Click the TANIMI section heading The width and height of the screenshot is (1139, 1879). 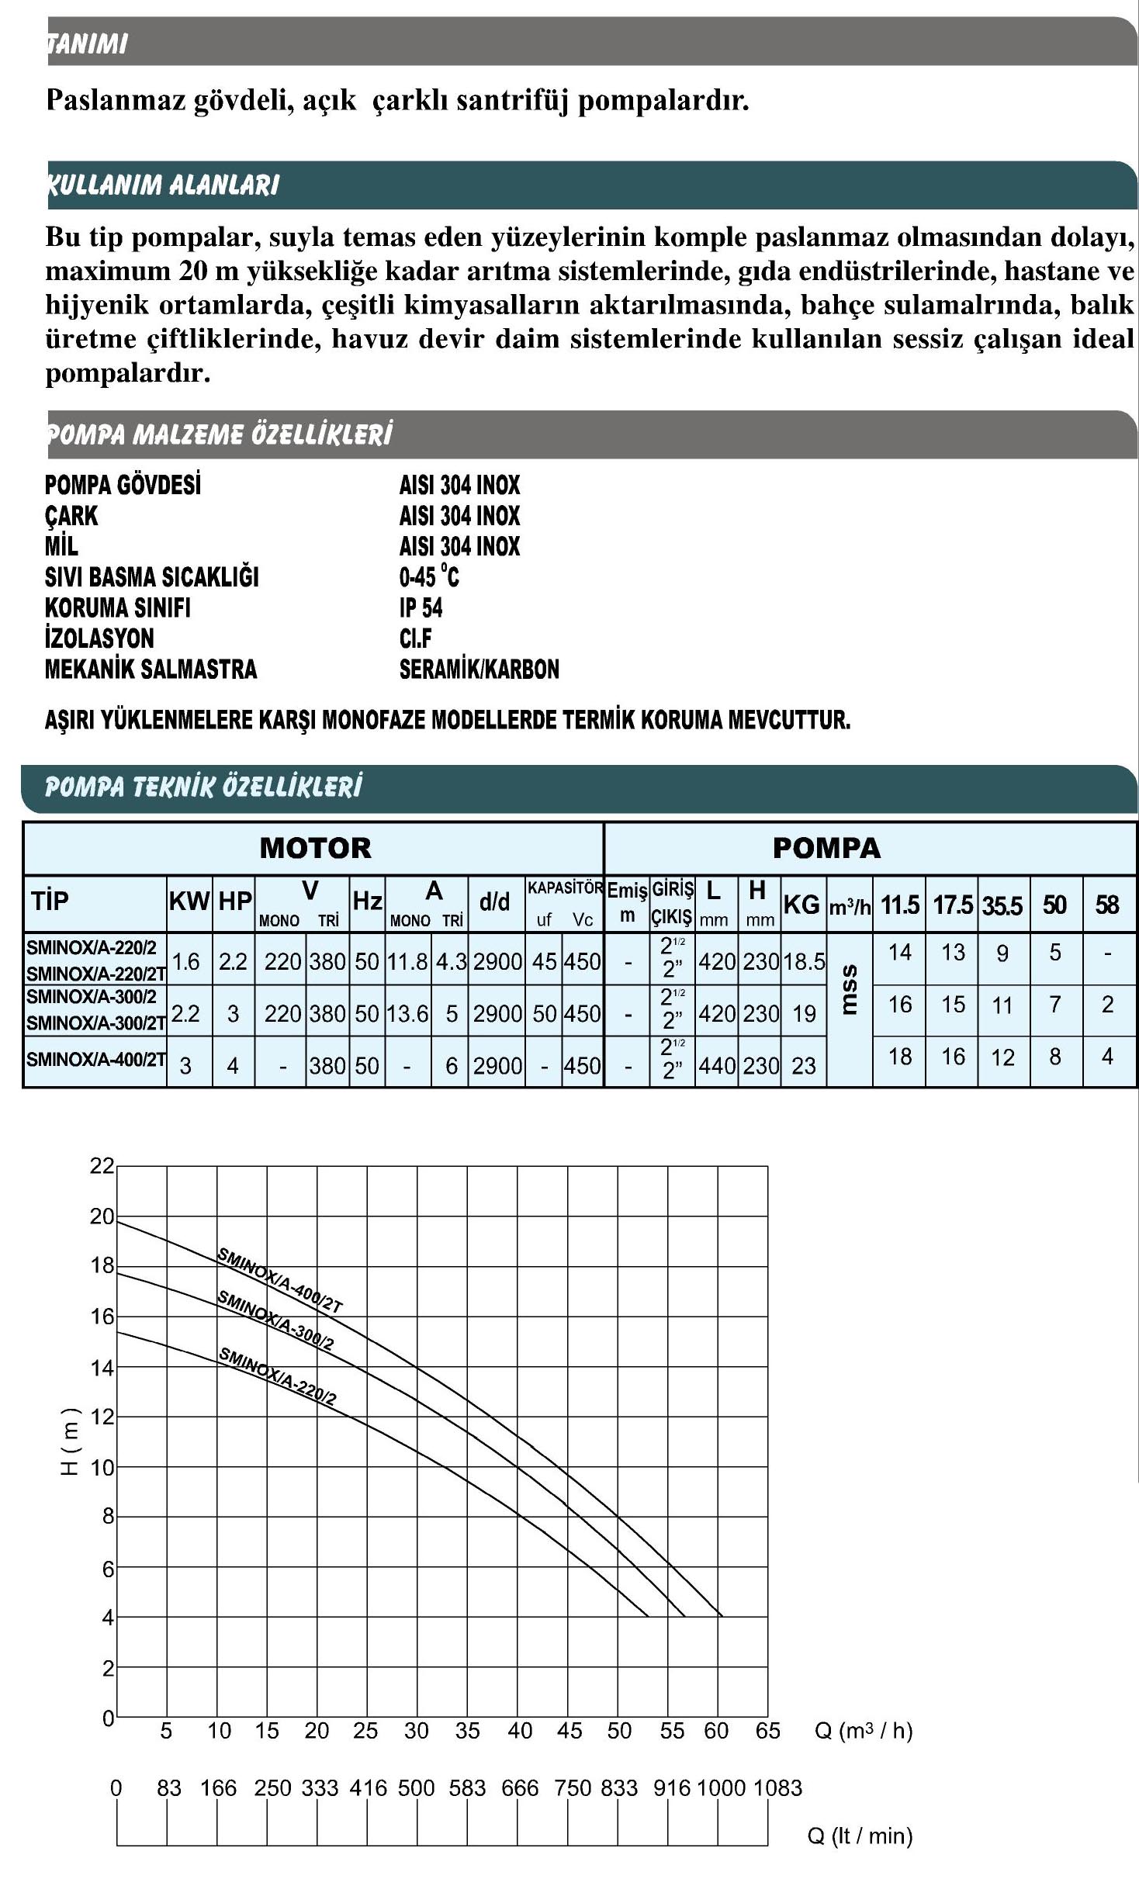click(87, 43)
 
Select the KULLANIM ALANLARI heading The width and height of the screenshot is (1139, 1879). click(163, 185)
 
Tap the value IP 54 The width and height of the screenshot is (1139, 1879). click(421, 607)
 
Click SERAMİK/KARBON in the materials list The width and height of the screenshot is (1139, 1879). click(479, 669)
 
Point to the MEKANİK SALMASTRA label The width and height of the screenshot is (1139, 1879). click(151, 669)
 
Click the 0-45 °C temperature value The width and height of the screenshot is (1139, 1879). click(429, 576)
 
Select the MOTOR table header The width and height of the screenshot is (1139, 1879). click(315, 847)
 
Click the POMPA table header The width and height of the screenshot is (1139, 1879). click(826, 847)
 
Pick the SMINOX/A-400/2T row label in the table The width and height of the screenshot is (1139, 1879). click(95, 1059)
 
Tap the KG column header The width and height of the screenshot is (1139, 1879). click(801, 904)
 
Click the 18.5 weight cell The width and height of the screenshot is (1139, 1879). click(803, 962)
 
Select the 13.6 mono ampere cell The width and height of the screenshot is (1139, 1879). click(407, 1013)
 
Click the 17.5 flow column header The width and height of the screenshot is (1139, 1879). click(952, 905)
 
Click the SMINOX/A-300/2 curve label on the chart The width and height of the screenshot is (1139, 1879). click(275, 1320)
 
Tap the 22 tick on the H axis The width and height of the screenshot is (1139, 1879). click(102, 1166)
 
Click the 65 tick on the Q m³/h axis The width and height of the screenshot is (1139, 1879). click(767, 1731)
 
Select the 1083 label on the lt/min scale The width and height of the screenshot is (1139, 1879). click(777, 1787)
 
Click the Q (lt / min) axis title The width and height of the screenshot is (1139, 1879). click(860, 1836)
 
